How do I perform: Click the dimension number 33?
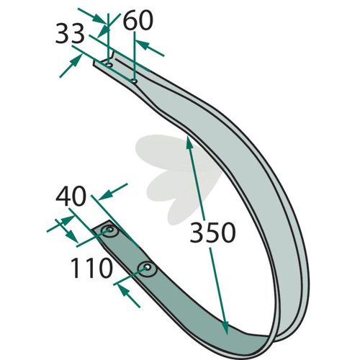tap(70, 34)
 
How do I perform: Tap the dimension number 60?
tap(138, 21)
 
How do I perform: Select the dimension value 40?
tap(71, 197)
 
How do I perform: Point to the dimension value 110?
tap(91, 268)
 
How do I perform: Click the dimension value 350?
tap(212, 233)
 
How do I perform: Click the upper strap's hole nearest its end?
tap(109, 65)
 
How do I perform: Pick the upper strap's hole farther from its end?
tap(135, 81)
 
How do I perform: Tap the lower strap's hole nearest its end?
tap(109, 230)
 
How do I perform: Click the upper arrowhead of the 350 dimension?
tap(189, 143)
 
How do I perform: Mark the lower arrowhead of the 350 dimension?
tap(225, 327)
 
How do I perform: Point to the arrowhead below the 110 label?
tap(124, 291)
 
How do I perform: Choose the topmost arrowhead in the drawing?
tap(100, 18)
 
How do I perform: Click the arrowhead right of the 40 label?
tap(106, 194)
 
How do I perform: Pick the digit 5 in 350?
tap(212, 233)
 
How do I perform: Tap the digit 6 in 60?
tap(130, 21)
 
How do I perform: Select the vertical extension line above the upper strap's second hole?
tap(135, 56)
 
